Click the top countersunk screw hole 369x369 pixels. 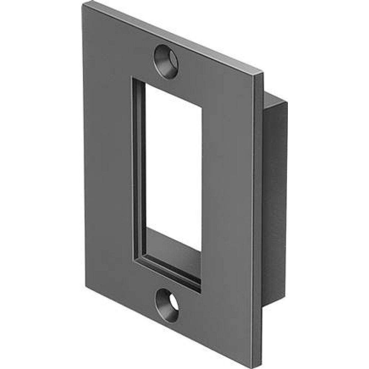166,61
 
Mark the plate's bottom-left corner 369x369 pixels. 86,286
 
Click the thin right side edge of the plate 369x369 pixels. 257,221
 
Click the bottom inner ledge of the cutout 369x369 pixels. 173,251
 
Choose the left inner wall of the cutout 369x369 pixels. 139,170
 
